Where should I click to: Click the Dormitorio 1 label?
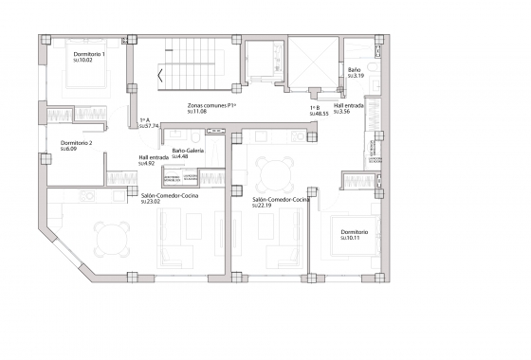89,54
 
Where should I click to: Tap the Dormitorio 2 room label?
76,142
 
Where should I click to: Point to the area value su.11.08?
196,112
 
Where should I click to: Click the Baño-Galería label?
190,151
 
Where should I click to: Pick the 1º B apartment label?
316,108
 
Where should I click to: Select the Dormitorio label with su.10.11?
357,233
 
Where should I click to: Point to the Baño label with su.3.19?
353,69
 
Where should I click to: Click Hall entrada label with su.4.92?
154,158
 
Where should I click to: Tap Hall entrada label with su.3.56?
349,106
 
